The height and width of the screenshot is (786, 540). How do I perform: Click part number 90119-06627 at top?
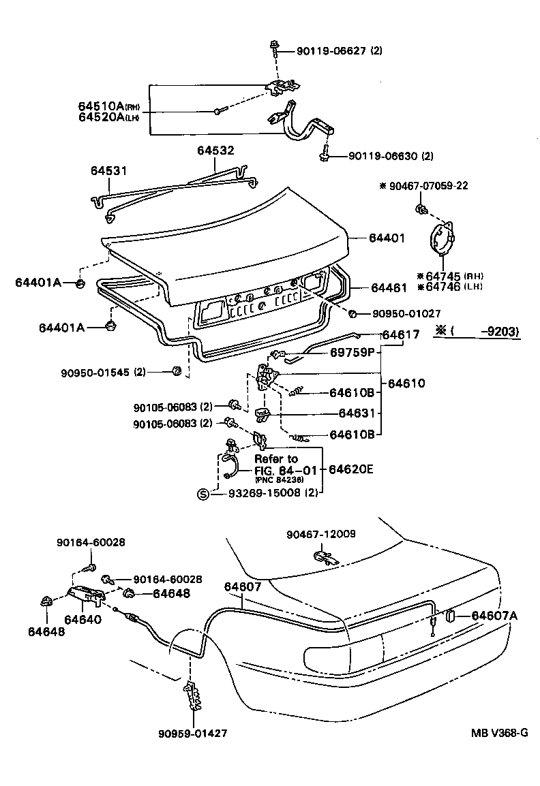[331, 50]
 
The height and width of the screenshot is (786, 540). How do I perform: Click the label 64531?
[110, 170]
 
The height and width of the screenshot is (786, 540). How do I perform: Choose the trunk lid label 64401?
[387, 238]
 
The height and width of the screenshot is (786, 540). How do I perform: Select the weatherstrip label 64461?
[388, 288]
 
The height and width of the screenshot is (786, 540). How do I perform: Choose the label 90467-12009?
[321, 534]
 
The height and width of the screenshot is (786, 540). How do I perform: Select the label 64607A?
[494, 616]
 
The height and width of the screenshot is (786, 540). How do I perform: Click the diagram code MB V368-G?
[498, 733]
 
